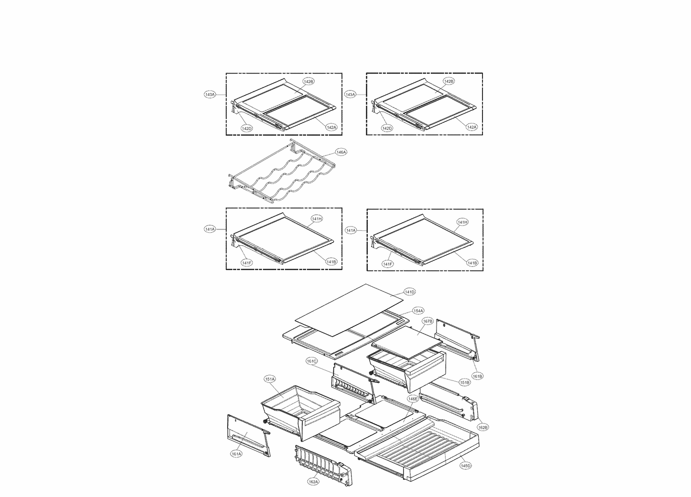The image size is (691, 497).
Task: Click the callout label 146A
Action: click(340, 152)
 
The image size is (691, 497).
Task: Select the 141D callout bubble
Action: click(409, 292)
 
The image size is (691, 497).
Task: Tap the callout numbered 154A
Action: click(418, 311)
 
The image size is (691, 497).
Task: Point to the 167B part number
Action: click(427, 321)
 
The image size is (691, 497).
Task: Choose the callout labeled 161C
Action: click(312, 361)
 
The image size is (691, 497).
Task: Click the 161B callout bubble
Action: click(477, 377)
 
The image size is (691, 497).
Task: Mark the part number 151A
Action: click(270, 379)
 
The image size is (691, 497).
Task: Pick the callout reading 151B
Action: click(464, 382)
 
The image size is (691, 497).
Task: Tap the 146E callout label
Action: click(413, 398)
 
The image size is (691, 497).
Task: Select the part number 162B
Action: click(483, 427)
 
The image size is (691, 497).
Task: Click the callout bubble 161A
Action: click(236, 454)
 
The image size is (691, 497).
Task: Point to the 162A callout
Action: click(313, 482)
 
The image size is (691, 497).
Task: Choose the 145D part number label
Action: click(465, 465)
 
